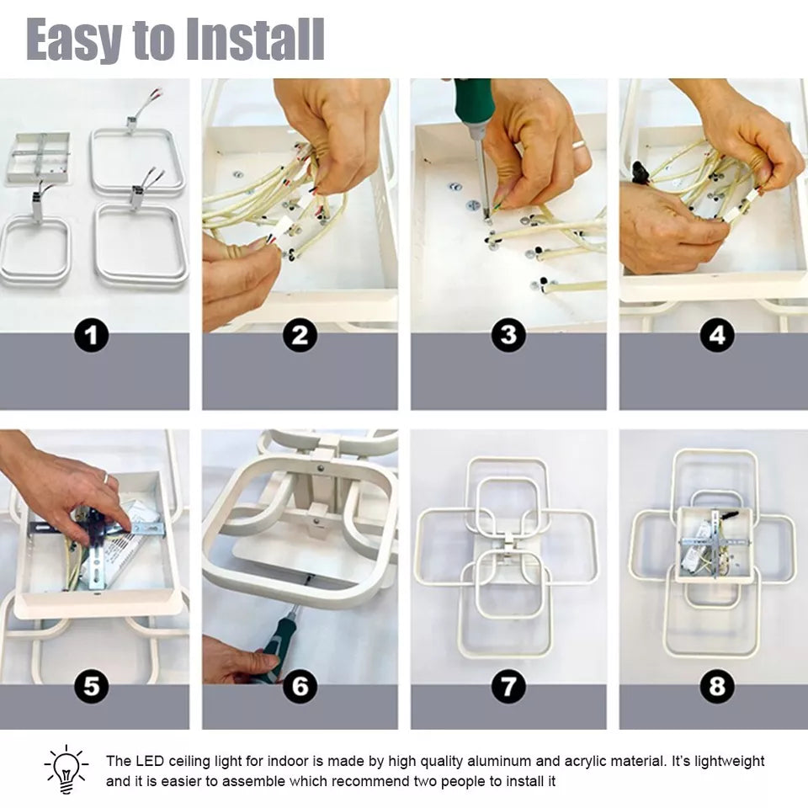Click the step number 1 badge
(x=92, y=336)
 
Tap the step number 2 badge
(x=300, y=336)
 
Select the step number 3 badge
(x=508, y=336)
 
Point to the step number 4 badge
(x=717, y=336)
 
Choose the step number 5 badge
(x=92, y=686)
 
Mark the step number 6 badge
(x=300, y=686)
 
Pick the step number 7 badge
(x=508, y=686)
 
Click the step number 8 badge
(x=717, y=686)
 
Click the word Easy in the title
(x=75, y=40)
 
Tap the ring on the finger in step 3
(x=579, y=144)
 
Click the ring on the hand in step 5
(x=106, y=478)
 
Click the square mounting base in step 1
(x=37, y=157)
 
